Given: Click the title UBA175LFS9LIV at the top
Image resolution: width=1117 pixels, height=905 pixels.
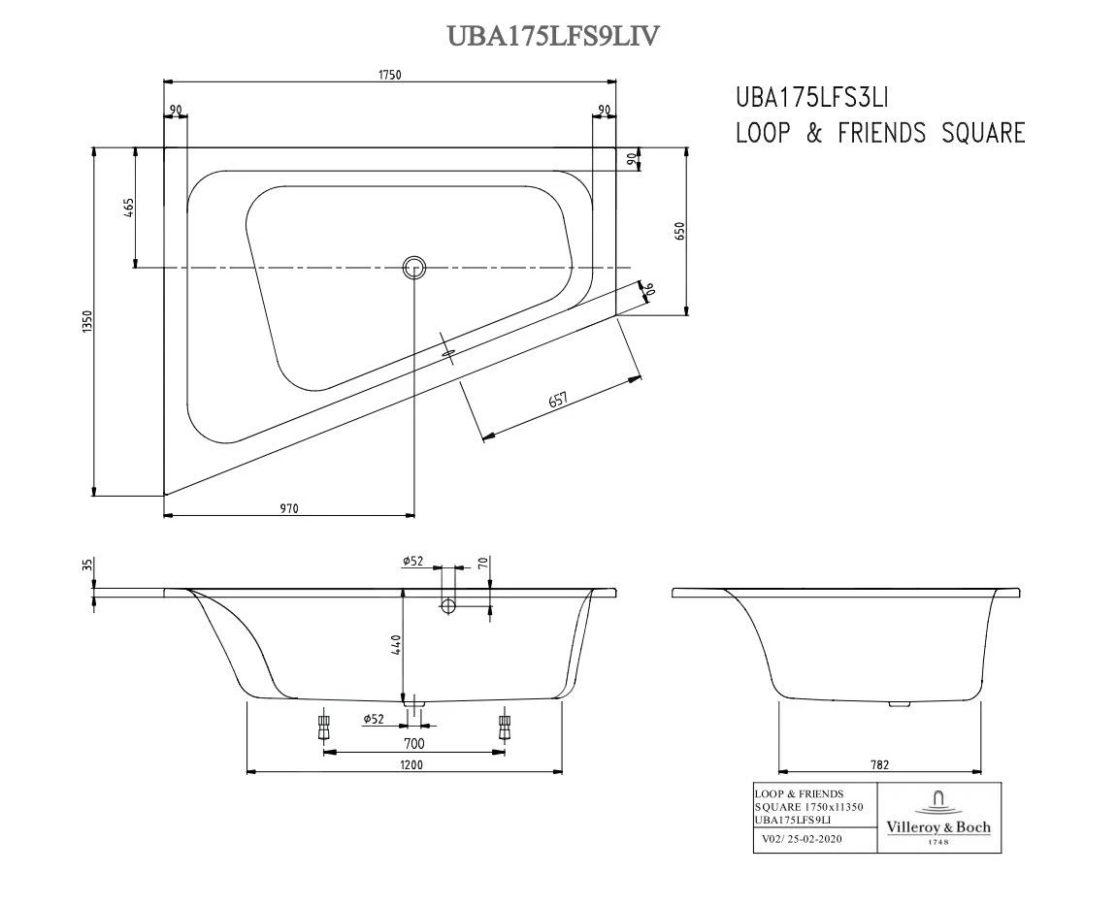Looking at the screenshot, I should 553,35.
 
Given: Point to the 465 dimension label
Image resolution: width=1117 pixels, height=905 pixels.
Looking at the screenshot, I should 128,208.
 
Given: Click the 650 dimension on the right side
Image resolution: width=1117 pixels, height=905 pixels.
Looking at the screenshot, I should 679,231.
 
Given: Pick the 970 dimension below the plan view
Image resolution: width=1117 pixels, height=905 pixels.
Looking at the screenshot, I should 289,507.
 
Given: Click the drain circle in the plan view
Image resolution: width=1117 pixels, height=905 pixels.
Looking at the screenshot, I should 414,268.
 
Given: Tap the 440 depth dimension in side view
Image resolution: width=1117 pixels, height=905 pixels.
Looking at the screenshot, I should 396,645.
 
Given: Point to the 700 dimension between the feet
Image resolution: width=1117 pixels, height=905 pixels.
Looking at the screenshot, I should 413,744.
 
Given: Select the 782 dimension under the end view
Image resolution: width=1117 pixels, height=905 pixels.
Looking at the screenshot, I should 878,764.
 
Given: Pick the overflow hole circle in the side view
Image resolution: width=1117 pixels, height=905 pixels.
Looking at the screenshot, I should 448,606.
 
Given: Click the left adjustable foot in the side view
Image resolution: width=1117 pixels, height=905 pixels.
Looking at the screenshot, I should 324,727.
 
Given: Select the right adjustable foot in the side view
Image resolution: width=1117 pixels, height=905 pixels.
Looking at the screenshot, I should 503,727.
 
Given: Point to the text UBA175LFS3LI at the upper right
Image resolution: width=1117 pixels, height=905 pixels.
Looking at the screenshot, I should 812,97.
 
